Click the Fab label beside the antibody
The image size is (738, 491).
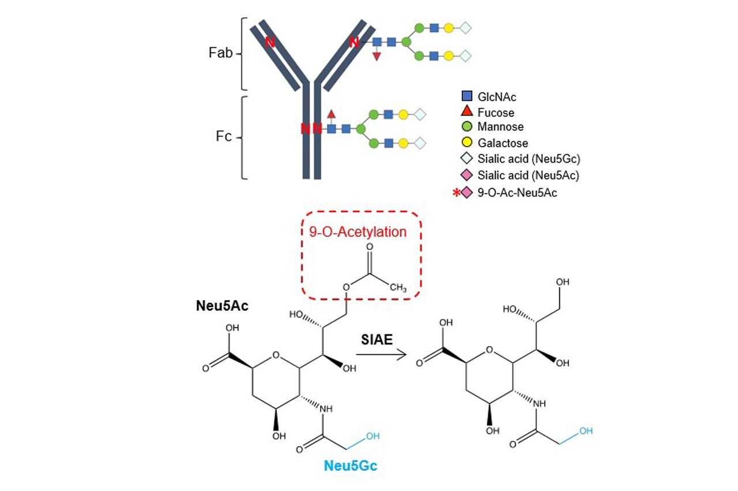(x=220, y=53)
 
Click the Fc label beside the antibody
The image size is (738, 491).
(x=223, y=136)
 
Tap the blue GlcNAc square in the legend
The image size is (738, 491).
(x=467, y=96)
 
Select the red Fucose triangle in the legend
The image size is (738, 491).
(x=467, y=111)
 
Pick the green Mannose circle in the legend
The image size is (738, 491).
(x=467, y=126)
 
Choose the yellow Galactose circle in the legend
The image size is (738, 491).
(x=467, y=143)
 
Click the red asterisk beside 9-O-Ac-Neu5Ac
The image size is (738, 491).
(x=456, y=192)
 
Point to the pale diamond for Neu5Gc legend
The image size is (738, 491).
(x=467, y=158)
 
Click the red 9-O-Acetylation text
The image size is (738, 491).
(x=357, y=232)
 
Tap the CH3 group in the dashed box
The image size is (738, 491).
(x=398, y=287)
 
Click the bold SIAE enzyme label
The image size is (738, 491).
(x=376, y=339)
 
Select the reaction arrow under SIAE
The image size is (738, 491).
(x=381, y=354)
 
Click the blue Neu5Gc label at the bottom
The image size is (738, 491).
(x=351, y=466)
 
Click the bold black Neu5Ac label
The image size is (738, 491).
(x=222, y=306)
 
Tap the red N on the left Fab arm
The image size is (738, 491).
(x=270, y=42)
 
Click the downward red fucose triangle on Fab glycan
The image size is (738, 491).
(x=376, y=57)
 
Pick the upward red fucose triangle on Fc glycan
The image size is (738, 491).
(x=331, y=114)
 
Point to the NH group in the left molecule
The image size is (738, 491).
(x=326, y=409)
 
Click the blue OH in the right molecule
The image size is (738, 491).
(x=586, y=430)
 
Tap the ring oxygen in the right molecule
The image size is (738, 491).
(x=490, y=350)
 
